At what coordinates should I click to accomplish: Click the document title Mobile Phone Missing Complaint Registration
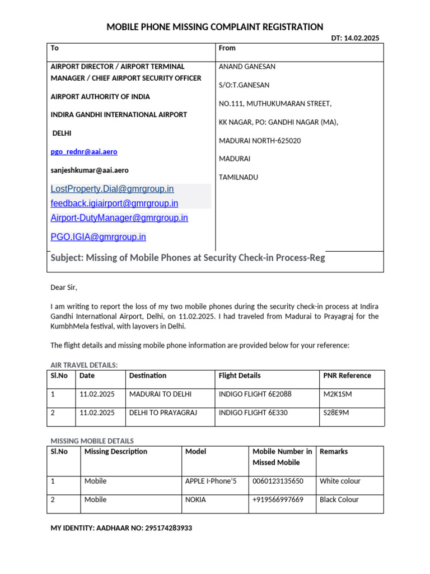tap(215, 26)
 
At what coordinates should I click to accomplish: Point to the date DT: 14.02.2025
tap(355, 38)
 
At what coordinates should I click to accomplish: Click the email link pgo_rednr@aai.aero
tap(84, 152)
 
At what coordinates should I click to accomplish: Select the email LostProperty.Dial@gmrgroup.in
tap(112, 189)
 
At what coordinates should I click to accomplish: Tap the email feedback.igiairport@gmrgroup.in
tap(114, 203)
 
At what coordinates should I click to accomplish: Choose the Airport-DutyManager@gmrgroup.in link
tap(119, 217)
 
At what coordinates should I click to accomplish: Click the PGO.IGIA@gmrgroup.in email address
tap(98, 237)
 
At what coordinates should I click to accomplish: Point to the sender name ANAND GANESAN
tap(247, 67)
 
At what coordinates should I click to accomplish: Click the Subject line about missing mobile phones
tap(188, 258)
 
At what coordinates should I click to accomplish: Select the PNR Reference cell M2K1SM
tap(338, 394)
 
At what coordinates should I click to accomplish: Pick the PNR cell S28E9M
tap(336, 413)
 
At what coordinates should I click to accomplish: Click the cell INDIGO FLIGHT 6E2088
tap(255, 394)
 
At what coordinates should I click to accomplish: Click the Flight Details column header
tap(240, 376)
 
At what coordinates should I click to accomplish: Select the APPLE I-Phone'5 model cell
tap(214, 481)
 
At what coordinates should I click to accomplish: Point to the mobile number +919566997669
tap(278, 499)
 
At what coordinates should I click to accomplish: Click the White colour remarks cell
tap(340, 481)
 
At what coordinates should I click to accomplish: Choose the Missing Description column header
tap(116, 451)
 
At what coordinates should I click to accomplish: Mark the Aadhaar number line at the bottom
tap(121, 528)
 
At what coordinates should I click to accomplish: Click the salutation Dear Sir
tap(64, 288)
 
